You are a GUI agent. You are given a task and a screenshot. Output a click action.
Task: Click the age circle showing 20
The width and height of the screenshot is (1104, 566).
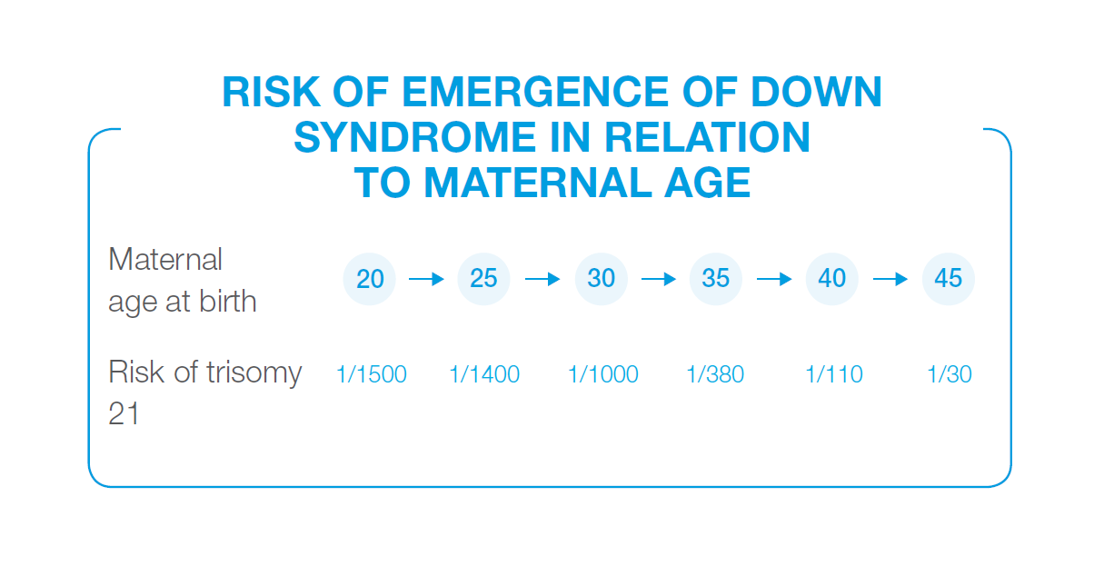pos(370,279)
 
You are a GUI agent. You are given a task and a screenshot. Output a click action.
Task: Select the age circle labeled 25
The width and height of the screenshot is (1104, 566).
pos(483,279)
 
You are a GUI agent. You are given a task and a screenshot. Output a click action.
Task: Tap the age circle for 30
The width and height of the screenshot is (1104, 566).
pos(602,279)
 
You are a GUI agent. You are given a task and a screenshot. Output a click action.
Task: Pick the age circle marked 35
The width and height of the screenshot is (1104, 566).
pos(716,279)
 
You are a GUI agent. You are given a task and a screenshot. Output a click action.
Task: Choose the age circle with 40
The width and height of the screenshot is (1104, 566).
pos(832,279)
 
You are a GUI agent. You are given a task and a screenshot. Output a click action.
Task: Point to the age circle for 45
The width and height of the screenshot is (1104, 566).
pos(949,279)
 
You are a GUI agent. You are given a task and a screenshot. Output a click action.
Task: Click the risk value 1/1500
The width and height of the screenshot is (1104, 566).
pos(372,374)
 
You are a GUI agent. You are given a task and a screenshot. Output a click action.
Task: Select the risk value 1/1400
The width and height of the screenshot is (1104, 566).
pos(484,374)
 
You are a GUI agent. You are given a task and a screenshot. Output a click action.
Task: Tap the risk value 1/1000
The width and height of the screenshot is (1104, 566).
pos(603,374)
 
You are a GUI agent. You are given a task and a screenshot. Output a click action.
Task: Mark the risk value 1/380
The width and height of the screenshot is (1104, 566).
pos(716,374)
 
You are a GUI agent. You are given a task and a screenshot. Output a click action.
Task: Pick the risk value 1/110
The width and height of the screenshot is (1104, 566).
pos(834,374)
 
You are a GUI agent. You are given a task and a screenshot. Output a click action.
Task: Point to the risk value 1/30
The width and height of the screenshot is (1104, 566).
pos(950,374)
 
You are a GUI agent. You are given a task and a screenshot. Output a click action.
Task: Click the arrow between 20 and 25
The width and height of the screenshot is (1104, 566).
pos(426,279)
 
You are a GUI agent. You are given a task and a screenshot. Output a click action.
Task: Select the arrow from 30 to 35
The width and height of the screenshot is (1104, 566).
pos(659,279)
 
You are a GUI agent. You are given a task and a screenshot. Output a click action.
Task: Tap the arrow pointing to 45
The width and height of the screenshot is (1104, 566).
pos(890,279)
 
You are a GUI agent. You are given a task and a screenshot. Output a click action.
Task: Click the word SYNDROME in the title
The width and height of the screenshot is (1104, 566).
pos(415,137)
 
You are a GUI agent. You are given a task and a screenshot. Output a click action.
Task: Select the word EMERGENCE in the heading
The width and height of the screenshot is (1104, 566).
pos(536,92)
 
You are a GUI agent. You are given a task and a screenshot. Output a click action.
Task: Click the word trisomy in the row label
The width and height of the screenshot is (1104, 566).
pos(254,373)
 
